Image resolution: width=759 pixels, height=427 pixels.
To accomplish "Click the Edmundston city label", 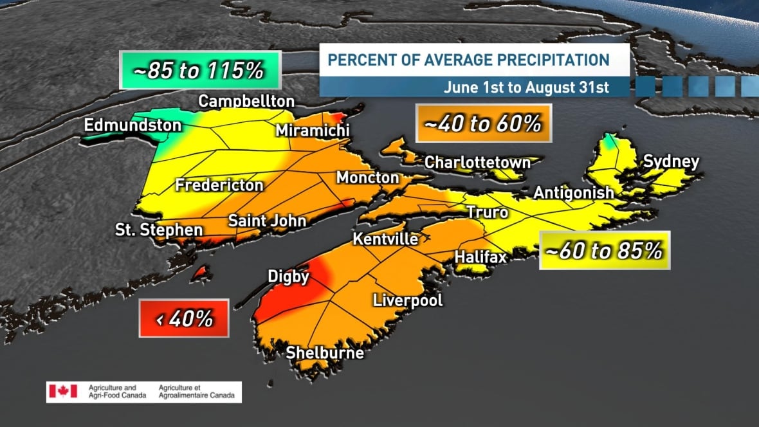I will pos(133,125).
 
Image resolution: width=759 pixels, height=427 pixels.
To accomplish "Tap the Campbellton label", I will pos(246,102).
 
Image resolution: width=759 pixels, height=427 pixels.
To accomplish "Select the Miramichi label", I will pos(313,131).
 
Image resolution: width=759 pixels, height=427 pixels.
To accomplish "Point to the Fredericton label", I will pos(219,186).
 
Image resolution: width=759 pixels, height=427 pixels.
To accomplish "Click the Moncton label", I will pos(368,177).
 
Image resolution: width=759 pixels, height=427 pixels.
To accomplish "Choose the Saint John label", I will pos(267,221).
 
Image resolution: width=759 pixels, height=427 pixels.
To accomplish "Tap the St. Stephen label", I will pos(159,230).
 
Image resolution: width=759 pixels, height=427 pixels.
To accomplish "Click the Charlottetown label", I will pos(477,162).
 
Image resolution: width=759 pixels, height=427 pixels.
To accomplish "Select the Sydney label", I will pos(671,161).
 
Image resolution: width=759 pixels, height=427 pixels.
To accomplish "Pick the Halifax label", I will pos(480,257).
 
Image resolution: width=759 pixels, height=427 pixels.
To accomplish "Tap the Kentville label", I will pos(385,239).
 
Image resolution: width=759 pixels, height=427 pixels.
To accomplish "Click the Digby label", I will pos(288,277).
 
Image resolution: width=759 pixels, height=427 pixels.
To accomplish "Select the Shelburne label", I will pos(325,353).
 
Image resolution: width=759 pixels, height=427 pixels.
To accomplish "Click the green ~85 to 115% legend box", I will pos(199,70).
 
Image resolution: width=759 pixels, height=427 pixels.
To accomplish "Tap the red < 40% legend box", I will pos(184,318).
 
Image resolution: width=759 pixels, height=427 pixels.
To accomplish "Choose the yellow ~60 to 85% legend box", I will pos(604,250).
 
